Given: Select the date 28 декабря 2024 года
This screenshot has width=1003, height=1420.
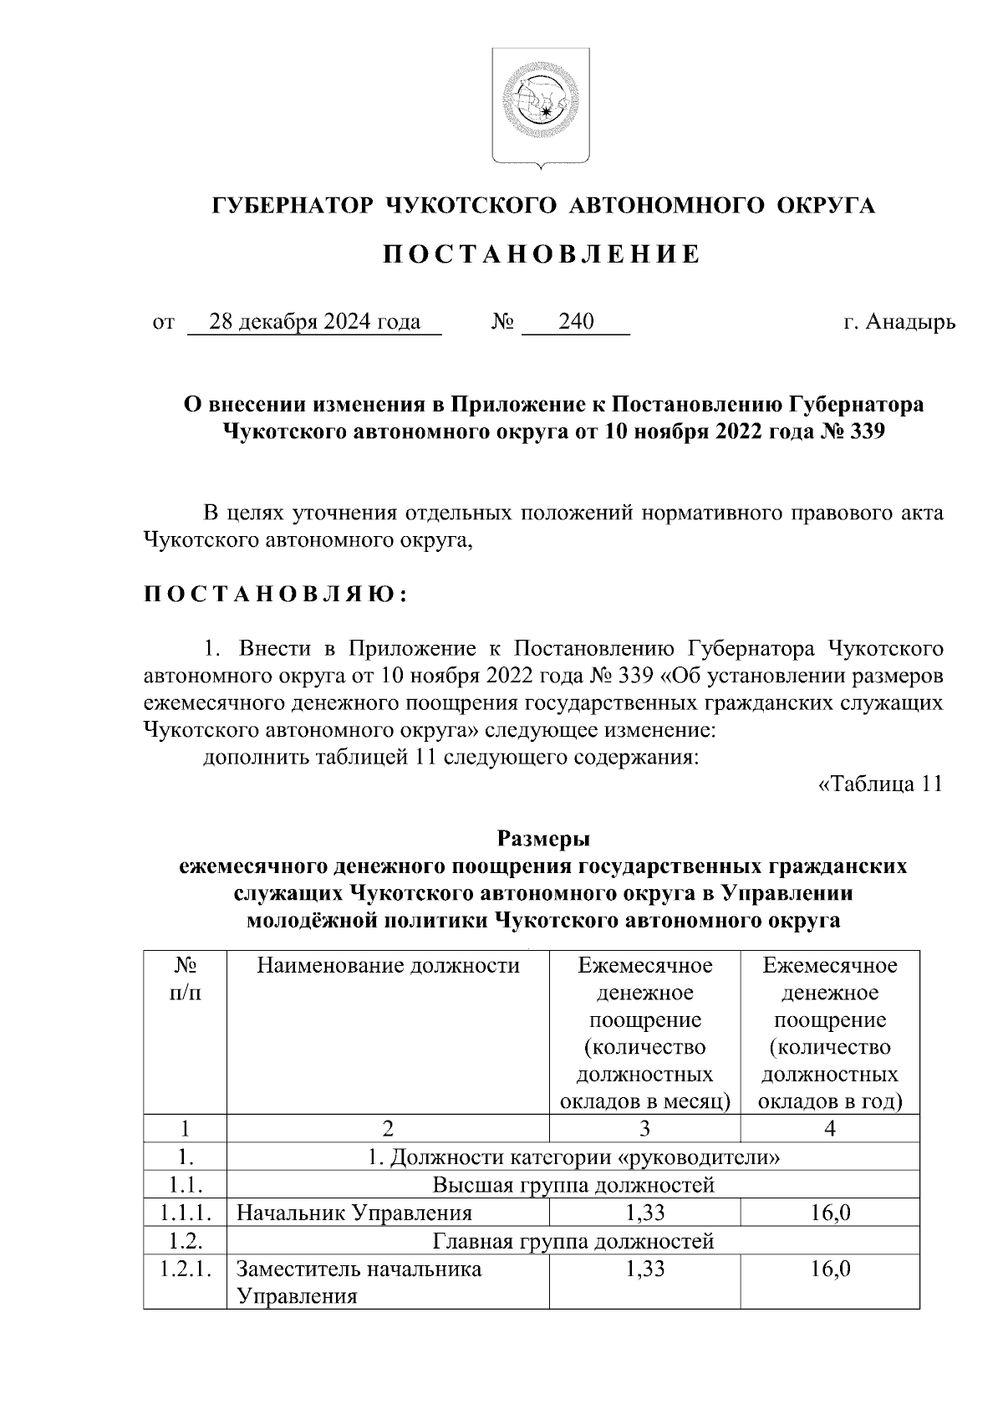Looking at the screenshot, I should click(x=314, y=322).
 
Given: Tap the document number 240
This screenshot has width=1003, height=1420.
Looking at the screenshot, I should click(x=576, y=322).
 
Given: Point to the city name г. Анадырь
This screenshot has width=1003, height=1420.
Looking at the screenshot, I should click(x=899, y=322).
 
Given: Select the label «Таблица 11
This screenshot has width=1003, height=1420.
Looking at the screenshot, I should click(x=880, y=784).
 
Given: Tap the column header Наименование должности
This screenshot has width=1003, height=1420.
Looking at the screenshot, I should click(x=388, y=966).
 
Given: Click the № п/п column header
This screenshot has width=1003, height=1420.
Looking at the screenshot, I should click(x=185, y=979).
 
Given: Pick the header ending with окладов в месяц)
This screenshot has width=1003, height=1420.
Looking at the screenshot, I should click(x=644, y=1034).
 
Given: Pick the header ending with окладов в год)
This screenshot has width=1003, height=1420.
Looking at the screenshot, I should click(x=830, y=1034).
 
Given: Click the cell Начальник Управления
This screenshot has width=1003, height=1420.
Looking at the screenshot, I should click(x=354, y=1213).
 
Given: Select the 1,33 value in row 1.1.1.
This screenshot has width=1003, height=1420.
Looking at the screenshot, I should click(x=644, y=1213).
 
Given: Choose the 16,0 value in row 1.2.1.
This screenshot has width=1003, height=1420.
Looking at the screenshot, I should click(x=830, y=1269).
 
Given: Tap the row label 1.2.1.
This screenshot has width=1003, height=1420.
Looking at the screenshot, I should click(x=185, y=1269).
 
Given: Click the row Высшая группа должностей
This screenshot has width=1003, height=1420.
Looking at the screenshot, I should click(x=573, y=1185).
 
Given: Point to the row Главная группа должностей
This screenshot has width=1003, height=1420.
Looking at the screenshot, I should click(x=573, y=1241).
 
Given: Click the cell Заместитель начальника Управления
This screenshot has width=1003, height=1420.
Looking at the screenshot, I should click(x=359, y=1282).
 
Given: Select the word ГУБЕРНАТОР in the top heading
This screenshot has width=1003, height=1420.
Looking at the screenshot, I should click(x=291, y=206).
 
